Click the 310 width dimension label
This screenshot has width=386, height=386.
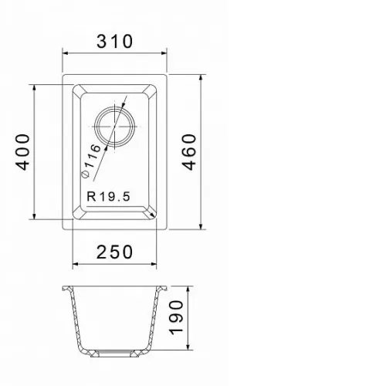pyautogui.click(x=115, y=42)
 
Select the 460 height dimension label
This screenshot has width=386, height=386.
pyautogui.click(x=189, y=152)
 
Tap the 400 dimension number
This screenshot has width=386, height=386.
pyautogui.click(x=23, y=152)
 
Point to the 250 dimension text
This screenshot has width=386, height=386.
pyautogui.click(x=115, y=252)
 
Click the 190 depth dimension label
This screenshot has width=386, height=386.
pyautogui.click(x=176, y=317)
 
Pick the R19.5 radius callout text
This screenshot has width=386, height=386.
pyautogui.click(x=109, y=197)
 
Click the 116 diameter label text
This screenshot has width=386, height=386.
pyautogui.click(x=92, y=156)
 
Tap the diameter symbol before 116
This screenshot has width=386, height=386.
pyautogui.click(x=85, y=174)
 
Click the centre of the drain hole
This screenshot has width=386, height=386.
pyautogui.click(x=114, y=127)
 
